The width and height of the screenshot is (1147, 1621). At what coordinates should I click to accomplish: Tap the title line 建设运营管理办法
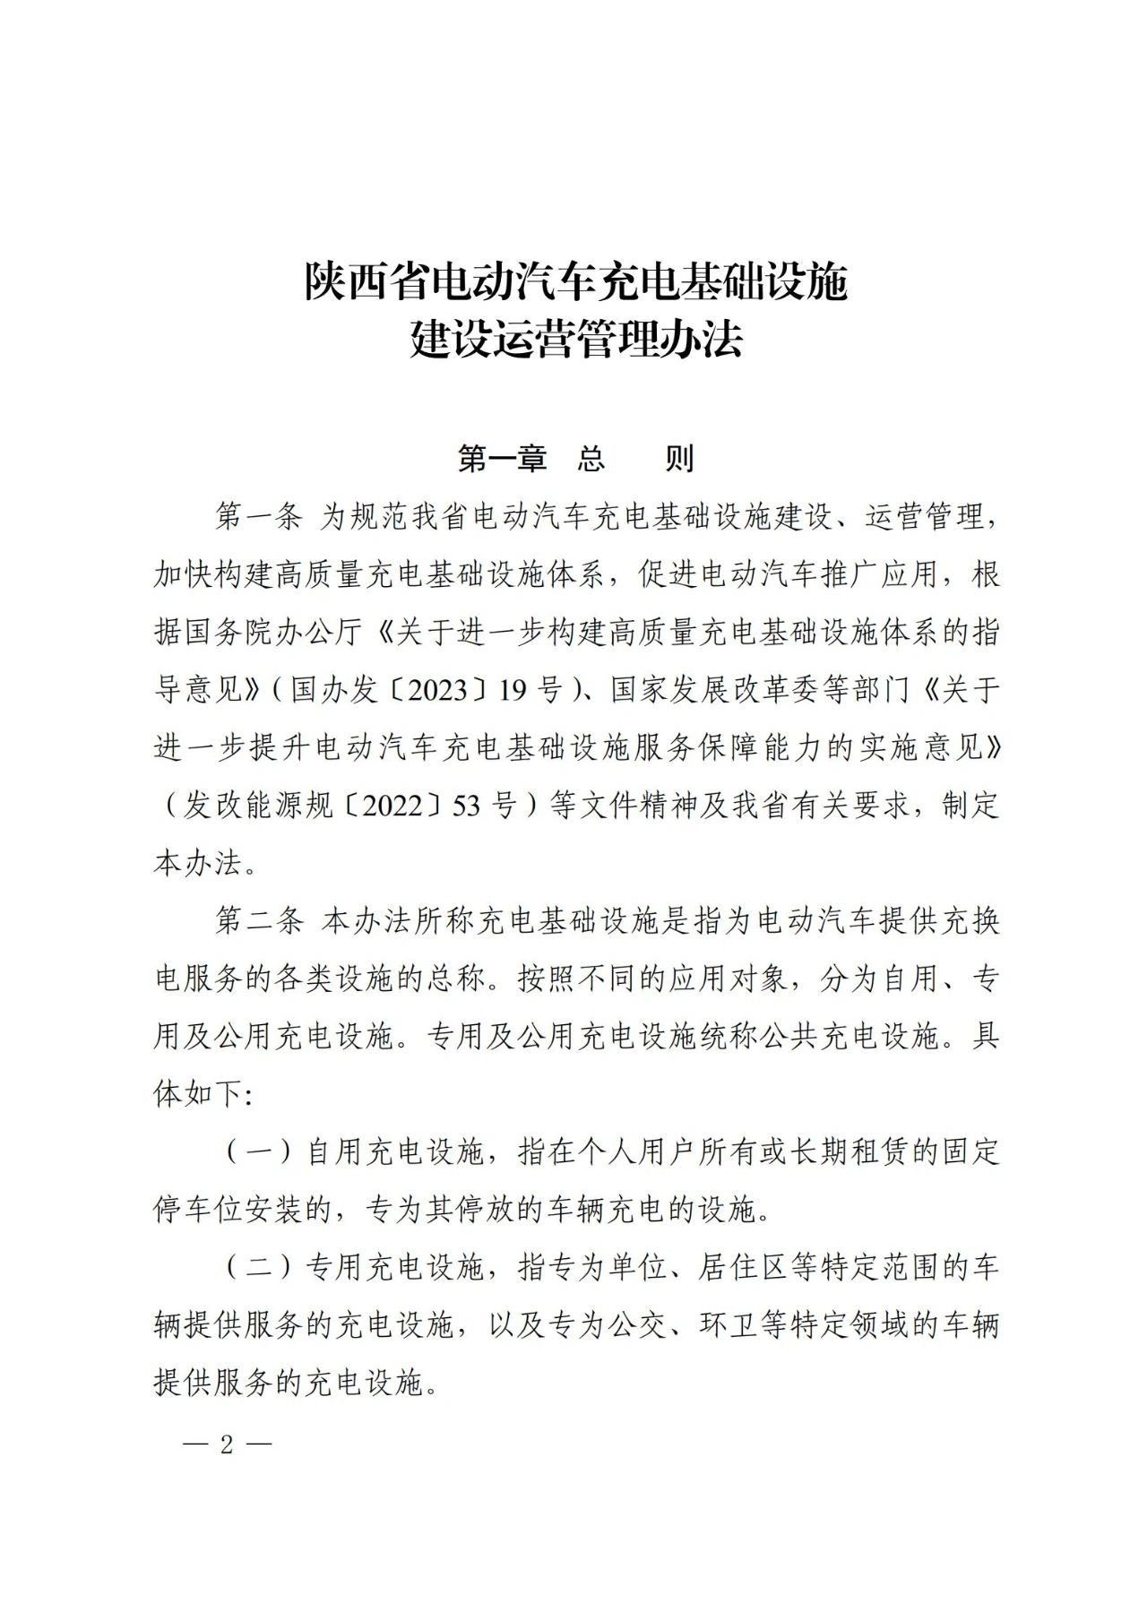click(576, 341)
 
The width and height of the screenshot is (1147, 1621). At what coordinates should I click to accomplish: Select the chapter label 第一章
click(502, 459)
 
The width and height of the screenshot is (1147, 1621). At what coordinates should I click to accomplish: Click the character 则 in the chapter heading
click(679, 459)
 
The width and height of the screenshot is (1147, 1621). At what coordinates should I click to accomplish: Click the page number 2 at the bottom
click(227, 1444)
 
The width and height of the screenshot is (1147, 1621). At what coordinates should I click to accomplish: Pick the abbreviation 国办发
click(334, 691)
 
